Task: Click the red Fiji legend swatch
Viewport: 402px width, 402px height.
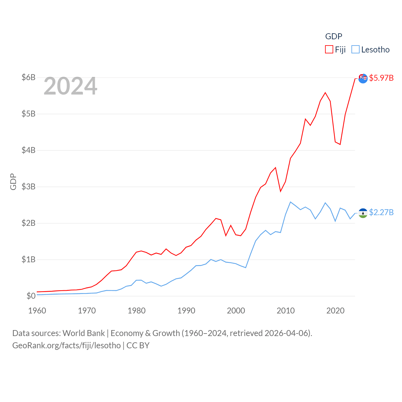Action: click(x=329, y=50)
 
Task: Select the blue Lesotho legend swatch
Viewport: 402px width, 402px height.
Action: click(x=355, y=50)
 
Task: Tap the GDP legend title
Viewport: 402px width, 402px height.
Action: click(x=334, y=36)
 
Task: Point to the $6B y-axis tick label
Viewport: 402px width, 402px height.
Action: click(x=28, y=77)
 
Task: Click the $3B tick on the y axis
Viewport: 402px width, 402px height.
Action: click(x=28, y=187)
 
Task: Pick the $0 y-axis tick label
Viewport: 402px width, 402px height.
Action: click(x=31, y=296)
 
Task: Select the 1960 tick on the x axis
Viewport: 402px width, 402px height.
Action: click(x=37, y=311)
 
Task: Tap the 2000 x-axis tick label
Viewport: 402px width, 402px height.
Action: click(x=236, y=311)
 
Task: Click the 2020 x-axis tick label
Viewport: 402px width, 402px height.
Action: click(x=335, y=311)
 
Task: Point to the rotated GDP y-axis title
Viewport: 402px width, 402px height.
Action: click(x=13, y=182)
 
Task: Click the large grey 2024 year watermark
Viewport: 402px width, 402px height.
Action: click(x=70, y=86)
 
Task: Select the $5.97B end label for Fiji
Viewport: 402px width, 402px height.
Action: click(x=381, y=78)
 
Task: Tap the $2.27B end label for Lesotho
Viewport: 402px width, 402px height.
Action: click(x=381, y=213)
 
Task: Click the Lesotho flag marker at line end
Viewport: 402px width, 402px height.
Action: click(x=363, y=213)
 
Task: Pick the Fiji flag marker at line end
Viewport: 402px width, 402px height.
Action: click(x=363, y=78)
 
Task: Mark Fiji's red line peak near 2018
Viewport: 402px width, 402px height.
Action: click(x=325, y=93)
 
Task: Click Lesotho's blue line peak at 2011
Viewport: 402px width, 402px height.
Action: click(x=291, y=202)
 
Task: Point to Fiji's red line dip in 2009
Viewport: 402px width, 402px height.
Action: click(x=280, y=191)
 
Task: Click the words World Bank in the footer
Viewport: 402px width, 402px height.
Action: click(x=84, y=333)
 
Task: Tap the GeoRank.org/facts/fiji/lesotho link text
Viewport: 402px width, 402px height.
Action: click(x=67, y=345)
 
